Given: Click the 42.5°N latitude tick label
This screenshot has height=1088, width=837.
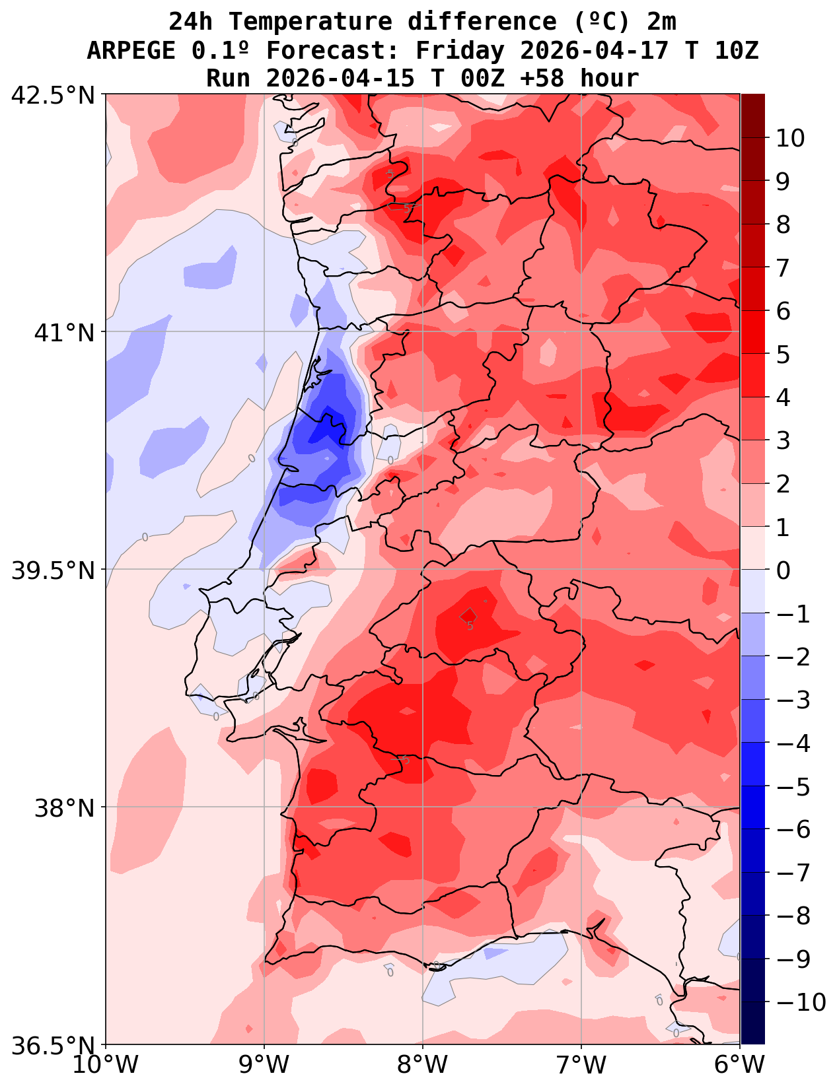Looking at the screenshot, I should (x=54, y=96).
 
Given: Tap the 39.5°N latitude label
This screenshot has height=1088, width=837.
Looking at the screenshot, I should (x=54, y=570).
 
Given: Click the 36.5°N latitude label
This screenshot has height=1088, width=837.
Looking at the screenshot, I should (x=54, y=1046).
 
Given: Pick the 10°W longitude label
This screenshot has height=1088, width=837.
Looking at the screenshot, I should (x=106, y=1064).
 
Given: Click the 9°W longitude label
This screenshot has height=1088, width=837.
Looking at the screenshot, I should (x=264, y=1064).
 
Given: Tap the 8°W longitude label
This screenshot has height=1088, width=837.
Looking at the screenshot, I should (x=423, y=1064).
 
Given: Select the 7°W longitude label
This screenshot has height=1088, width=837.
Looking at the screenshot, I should (x=581, y=1064).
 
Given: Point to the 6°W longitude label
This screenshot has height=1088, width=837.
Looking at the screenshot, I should (x=740, y=1064).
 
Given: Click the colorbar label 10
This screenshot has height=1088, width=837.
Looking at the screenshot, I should (x=790, y=139).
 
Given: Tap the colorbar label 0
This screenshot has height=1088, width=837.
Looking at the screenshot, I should (x=783, y=570).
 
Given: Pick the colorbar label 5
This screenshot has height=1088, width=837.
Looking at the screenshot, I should (x=783, y=355).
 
